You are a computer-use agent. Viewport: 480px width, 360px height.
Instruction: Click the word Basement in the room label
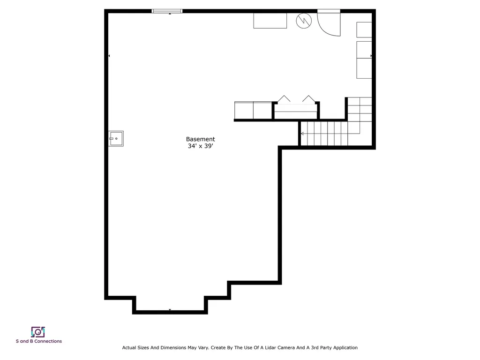(200, 139)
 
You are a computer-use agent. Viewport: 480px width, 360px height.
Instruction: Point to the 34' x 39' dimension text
(200, 146)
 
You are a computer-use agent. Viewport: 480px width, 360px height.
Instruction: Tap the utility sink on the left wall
(116, 139)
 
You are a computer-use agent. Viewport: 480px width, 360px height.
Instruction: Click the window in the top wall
(167, 11)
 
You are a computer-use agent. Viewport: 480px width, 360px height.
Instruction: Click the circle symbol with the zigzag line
(303, 21)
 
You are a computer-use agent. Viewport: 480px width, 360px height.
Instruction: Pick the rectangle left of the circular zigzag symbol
(270, 21)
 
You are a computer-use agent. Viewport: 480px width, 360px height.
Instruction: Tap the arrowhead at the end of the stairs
(302, 134)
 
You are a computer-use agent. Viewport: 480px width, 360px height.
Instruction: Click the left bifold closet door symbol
(284, 99)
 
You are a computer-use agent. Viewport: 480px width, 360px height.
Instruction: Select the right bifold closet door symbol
(308, 99)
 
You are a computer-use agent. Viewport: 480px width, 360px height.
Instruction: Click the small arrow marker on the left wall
(109, 56)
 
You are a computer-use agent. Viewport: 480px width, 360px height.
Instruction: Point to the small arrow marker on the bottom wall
(170, 310)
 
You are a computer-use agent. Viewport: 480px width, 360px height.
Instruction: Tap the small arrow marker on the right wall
(371, 56)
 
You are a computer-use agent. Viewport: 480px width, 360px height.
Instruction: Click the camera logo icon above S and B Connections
(38, 332)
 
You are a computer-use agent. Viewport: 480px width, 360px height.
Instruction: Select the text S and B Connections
(38, 341)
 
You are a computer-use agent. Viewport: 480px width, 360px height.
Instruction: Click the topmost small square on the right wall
(364, 30)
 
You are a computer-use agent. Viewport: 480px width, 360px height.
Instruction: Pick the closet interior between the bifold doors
(295, 111)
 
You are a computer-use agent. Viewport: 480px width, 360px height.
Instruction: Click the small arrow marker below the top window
(170, 14)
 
